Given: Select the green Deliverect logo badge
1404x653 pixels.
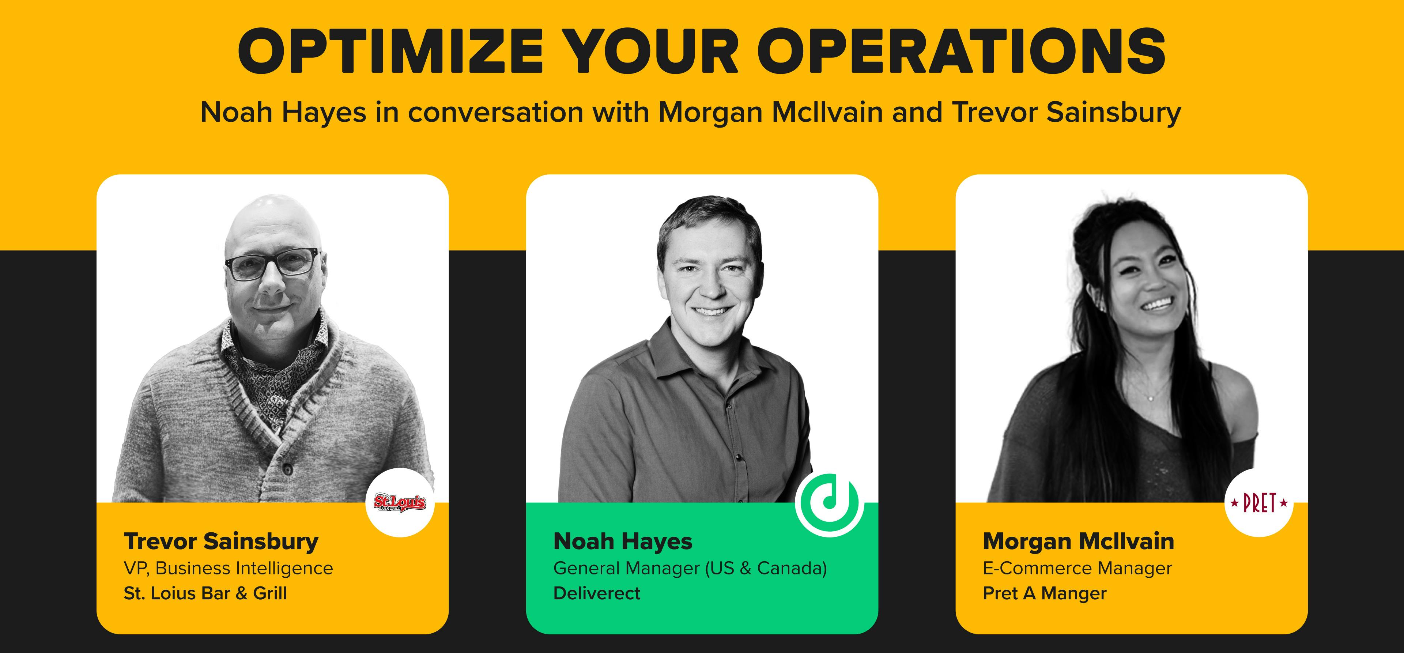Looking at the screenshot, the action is (x=829, y=503).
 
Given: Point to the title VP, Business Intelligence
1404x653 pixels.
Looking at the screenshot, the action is (x=229, y=569).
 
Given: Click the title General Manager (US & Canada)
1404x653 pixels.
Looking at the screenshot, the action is (x=690, y=569).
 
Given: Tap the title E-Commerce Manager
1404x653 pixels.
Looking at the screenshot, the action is (x=1077, y=569).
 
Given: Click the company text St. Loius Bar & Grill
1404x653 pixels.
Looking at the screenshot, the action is (x=205, y=593).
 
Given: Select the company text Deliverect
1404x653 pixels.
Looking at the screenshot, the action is (x=597, y=593).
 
